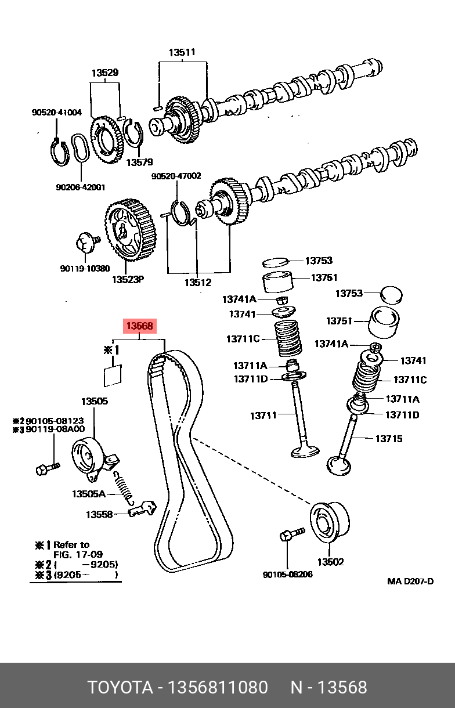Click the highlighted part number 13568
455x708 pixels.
coord(140,326)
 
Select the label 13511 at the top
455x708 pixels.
coord(182,52)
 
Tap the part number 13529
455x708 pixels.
coord(105,73)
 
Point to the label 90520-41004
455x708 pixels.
coord(57,113)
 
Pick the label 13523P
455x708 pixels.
coord(128,279)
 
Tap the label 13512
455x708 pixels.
coord(198,283)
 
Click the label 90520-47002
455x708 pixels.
coord(176,176)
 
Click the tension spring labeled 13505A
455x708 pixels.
coord(125,486)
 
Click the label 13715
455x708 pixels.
coord(389,439)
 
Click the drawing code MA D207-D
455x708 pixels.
coord(410,581)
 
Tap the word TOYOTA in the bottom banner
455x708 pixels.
coord(120,688)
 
